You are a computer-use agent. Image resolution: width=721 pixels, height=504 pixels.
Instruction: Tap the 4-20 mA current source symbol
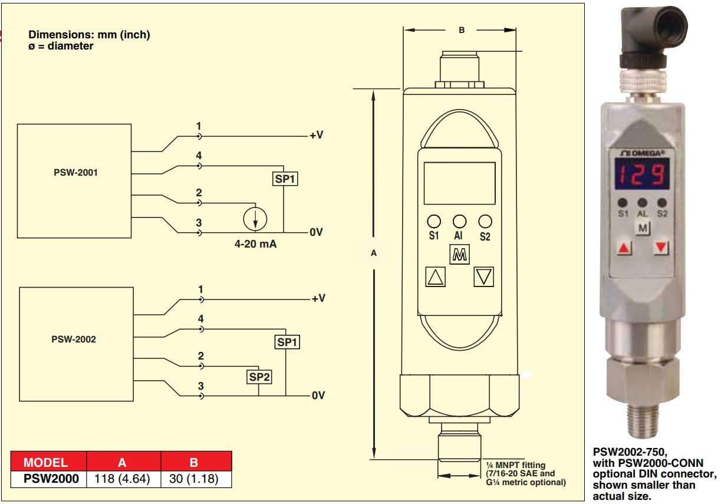pos(255,219)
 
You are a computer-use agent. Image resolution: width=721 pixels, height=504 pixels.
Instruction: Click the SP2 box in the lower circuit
pos(259,376)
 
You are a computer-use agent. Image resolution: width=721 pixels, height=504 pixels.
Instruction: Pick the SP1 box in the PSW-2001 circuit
pos(285,178)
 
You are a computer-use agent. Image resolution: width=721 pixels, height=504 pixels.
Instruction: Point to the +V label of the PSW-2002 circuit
pos(318,298)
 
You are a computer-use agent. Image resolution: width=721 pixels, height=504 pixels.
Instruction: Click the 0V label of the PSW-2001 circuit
pos(317,232)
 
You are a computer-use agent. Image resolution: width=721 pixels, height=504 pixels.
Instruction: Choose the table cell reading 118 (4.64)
pos(123,479)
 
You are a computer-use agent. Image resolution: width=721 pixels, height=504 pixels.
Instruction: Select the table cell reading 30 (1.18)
pos(195,479)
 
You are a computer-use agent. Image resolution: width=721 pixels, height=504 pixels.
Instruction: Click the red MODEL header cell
pos(45,462)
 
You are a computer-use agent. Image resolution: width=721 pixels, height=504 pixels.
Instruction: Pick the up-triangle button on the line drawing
pos(435,276)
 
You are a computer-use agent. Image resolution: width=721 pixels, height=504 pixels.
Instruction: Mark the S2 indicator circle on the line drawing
pos(485,222)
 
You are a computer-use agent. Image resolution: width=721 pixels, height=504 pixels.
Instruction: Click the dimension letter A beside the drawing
pos(373,253)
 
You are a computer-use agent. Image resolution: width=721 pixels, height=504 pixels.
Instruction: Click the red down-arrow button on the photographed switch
pos(662,248)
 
